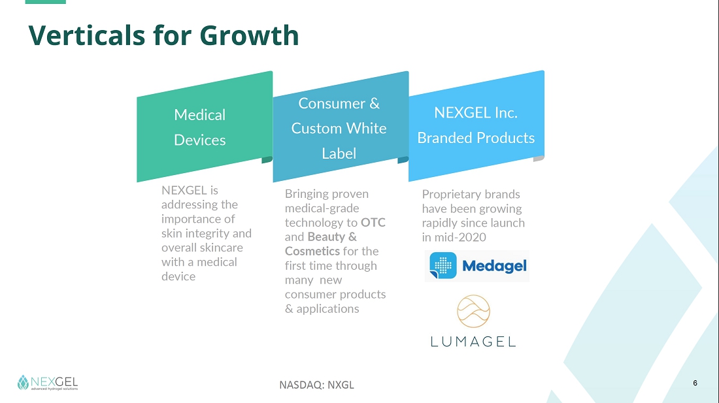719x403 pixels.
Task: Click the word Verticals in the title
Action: [x=87, y=35]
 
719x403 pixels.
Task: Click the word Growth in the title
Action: [x=249, y=35]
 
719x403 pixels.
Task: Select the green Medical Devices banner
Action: [x=205, y=127]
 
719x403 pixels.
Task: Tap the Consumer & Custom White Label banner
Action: [x=341, y=127]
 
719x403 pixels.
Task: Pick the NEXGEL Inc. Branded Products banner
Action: [x=477, y=126]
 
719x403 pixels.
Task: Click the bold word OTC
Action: [x=373, y=223]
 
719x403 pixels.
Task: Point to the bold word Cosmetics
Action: [x=312, y=251]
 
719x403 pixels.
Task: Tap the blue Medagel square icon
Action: [x=443, y=266]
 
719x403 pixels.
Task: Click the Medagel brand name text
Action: [x=494, y=266]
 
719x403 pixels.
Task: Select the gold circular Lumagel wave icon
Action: [x=474, y=312]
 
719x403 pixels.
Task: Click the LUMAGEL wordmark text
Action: [x=473, y=342]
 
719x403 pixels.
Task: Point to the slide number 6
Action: [x=695, y=383]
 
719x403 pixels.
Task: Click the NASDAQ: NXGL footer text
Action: [x=317, y=385]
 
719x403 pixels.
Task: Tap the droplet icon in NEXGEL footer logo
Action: [x=23, y=382]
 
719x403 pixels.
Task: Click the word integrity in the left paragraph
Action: [x=208, y=234]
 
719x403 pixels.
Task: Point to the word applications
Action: [x=328, y=309]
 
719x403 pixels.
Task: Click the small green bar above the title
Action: [x=45, y=2]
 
